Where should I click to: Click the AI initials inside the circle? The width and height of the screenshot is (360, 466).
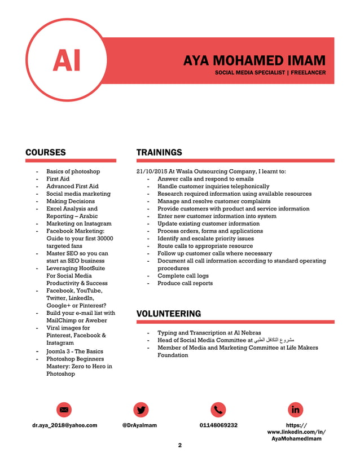coord(67,60)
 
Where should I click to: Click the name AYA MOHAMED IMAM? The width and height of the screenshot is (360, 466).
coord(254,61)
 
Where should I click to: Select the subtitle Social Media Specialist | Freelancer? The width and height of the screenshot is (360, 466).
coord(270,73)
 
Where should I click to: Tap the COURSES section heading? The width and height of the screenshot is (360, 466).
coord(46,152)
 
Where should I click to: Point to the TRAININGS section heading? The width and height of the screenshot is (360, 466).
coord(159,152)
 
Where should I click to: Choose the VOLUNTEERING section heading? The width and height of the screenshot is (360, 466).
coord(169,314)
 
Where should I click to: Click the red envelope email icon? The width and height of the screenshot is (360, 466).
coord(64,410)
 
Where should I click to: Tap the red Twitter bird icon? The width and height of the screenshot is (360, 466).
coord(141,410)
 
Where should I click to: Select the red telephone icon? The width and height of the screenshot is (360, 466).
coord(218,410)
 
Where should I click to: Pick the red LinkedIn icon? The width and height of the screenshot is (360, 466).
coord(296,410)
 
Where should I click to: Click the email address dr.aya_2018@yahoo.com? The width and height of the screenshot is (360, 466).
coord(64,425)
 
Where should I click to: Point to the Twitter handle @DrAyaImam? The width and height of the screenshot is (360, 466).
coord(139,425)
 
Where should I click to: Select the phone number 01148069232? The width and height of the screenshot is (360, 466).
coord(218,425)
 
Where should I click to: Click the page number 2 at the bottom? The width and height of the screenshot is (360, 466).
coord(180,446)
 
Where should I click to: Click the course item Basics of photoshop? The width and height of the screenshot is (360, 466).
coord(73,172)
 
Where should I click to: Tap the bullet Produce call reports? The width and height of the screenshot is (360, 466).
coord(185,283)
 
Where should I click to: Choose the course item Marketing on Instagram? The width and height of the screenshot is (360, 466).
coord(78,223)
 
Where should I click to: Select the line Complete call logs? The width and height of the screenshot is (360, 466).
coord(183,276)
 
